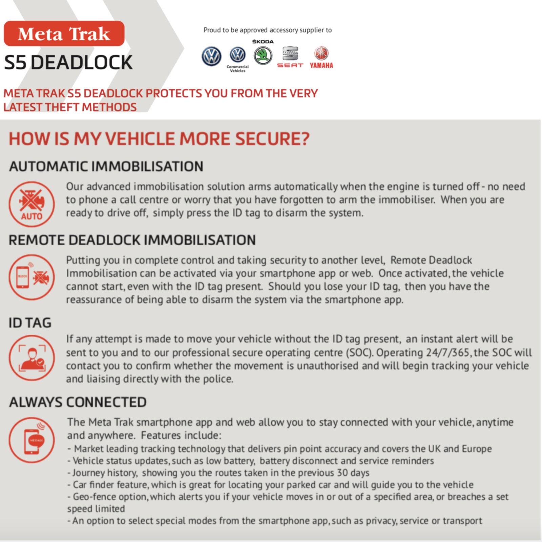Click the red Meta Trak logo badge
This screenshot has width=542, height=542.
[x=64, y=34]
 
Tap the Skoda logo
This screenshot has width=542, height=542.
[x=263, y=55]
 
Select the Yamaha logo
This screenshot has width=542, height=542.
[x=321, y=58]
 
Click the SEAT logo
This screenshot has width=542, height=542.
[x=290, y=57]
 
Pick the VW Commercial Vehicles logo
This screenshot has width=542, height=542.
[x=237, y=58]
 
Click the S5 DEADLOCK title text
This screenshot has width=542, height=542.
[x=68, y=63]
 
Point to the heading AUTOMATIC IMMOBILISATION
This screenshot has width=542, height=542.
[x=106, y=166]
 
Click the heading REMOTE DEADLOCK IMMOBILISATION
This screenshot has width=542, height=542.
[x=132, y=240]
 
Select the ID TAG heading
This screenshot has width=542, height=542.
[x=30, y=322]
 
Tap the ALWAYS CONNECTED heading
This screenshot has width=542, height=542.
[x=78, y=402]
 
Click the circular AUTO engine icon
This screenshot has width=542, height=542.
[x=32, y=204]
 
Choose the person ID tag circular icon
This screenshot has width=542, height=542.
[x=32, y=358]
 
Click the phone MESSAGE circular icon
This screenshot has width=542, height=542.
[x=32, y=440]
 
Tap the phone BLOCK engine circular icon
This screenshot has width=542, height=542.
[x=32, y=277]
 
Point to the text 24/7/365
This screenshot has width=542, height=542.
[x=447, y=353]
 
